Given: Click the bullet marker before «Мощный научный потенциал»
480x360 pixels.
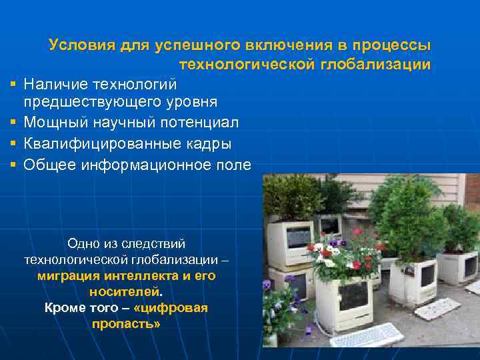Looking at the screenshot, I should tap(13, 123).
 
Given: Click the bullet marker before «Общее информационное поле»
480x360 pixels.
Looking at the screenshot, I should tap(13, 164).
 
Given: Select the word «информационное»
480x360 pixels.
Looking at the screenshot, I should tap(151, 164).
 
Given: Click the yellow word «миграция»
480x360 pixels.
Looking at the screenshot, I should tap(67, 275).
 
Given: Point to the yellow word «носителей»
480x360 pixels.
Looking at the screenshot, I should tap(124, 291).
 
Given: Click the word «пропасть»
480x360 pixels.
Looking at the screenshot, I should tap(125, 323).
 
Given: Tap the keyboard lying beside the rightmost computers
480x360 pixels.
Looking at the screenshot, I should tap(437, 308).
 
